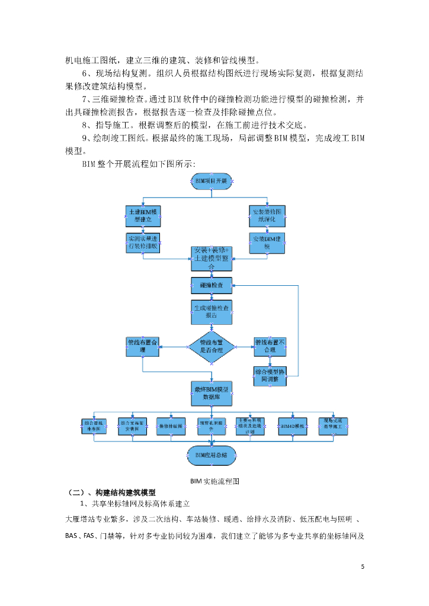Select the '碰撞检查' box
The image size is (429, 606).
(212, 285)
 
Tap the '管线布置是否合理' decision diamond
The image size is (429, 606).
(212, 346)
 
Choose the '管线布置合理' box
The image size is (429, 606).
(143, 346)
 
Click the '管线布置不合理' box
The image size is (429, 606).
(270, 346)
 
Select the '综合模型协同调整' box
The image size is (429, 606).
(270, 375)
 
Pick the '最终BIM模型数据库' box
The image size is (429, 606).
(212, 394)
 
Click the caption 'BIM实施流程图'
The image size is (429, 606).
(214, 481)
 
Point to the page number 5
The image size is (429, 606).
(363, 566)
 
